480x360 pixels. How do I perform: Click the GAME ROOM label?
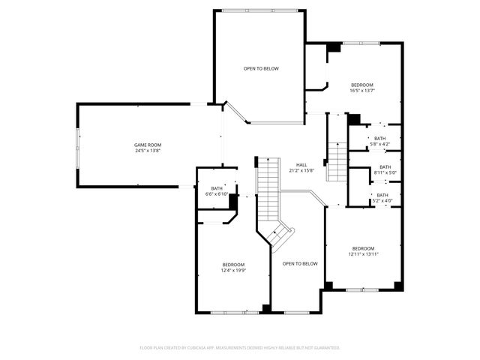coord(148,145)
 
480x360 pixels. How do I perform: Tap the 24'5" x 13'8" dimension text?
coord(148,151)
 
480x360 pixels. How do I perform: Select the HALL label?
coord(301,165)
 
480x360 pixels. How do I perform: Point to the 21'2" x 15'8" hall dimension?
coord(301,171)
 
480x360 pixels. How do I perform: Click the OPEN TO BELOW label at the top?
coord(261,69)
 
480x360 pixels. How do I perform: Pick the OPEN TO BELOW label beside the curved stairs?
coord(300,264)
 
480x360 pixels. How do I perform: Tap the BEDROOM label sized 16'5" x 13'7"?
coord(362,85)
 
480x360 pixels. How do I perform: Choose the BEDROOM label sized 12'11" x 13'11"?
coord(363,248)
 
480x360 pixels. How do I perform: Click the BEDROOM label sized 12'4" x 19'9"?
coord(233,265)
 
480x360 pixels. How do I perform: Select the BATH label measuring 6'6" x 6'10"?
coord(217,188)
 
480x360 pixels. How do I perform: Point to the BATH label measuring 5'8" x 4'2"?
coord(380,138)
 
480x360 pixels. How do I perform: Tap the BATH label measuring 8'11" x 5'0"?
coord(385,167)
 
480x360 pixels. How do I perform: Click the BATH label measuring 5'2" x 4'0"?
coord(382,195)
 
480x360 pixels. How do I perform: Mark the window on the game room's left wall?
coord(77,146)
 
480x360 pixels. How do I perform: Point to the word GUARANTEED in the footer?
coord(325,348)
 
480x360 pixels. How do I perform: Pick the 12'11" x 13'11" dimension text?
coord(363,254)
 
